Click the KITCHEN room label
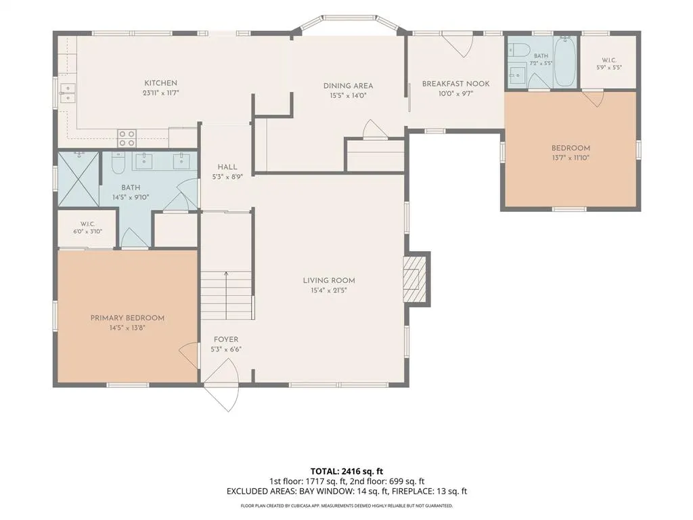[x=160, y=83]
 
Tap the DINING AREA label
[x=348, y=86]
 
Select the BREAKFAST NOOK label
[x=455, y=83]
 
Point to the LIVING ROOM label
[x=329, y=280]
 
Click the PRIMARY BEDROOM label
[x=127, y=318]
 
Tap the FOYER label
[x=226, y=340]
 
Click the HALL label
[x=227, y=167]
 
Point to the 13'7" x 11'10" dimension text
[x=571, y=158]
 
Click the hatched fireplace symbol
[x=411, y=279]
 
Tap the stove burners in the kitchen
[x=127, y=138]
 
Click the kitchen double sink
[x=68, y=93]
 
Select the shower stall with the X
[x=79, y=179]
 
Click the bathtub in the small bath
[x=565, y=62]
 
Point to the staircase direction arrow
[x=226, y=295]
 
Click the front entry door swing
[x=222, y=385]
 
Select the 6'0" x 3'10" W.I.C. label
[x=87, y=227]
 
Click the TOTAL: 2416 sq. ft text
[x=343, y=471]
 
